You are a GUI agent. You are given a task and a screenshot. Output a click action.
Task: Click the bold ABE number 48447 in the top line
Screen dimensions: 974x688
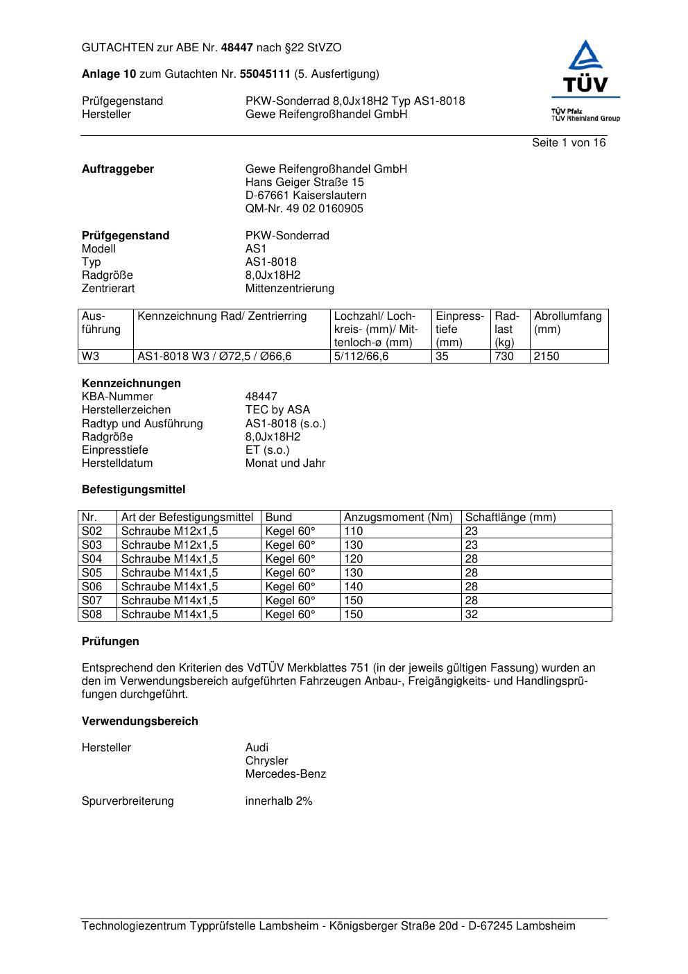[x=237, y=48]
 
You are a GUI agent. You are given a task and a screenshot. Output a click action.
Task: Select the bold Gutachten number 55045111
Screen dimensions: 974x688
[x=265, y=74]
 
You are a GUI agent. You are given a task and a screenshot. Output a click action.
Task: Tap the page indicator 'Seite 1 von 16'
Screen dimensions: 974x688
[x=568, y=143]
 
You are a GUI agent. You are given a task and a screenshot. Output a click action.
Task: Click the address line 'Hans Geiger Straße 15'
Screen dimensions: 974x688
[x=304, y=182]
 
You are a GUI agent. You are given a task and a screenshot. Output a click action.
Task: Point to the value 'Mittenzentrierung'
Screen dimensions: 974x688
[x=289, y=289]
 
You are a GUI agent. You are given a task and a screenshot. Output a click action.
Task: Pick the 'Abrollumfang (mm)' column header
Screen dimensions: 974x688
[x=567, y=323]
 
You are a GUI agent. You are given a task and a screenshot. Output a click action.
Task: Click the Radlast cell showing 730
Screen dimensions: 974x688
[x=504, y=357]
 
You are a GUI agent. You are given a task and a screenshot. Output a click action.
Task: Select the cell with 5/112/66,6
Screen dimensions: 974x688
[x=361, y=357]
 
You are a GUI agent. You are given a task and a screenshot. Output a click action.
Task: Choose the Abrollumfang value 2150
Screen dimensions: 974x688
[x=547, y=357]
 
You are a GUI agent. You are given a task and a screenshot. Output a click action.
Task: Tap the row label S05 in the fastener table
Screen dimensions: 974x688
[x=92, y=573]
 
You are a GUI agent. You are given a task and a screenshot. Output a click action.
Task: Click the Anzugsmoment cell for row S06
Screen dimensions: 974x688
[x=354, y=587]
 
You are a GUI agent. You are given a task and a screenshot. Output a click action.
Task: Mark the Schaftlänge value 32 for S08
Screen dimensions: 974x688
[x=472, y=615]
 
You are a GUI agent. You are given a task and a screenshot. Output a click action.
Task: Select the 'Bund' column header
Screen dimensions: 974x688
[x=279, y=518]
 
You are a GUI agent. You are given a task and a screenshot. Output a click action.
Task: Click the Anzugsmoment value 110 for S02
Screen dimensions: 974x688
[x=354, y=531]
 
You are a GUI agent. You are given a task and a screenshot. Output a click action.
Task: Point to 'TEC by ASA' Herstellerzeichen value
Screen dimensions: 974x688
[x=277, y=410]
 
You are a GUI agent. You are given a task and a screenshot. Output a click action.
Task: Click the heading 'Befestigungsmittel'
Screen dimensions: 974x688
[x=133, y=490]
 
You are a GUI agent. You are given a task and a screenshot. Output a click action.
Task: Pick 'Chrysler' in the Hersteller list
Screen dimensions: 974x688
[x=266, y=761]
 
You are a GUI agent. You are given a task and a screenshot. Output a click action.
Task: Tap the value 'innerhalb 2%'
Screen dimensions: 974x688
[x=279, y=801]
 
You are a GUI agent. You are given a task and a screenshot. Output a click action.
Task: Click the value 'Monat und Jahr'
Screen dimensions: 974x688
[x=285, y=463]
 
